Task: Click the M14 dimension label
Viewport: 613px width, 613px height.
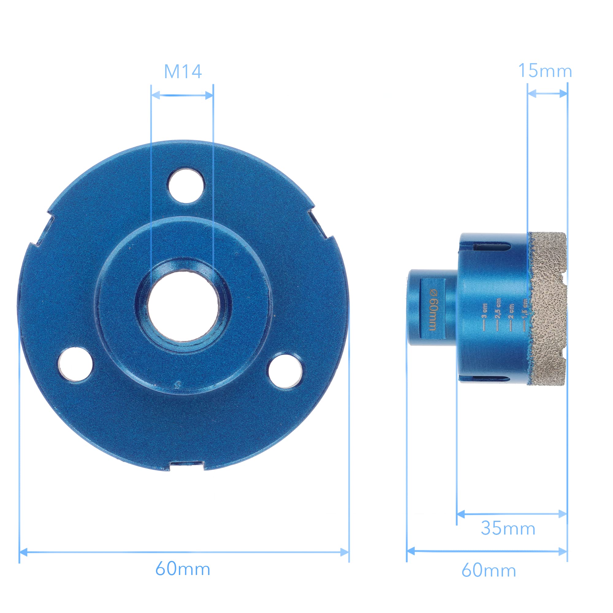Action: click(x=183, y=72)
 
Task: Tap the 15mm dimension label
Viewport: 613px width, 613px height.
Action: click(x=545, y=70)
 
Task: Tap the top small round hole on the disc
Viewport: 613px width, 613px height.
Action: click(x=186, y=186)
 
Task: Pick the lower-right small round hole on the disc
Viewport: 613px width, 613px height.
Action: click(x=285, y=371)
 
